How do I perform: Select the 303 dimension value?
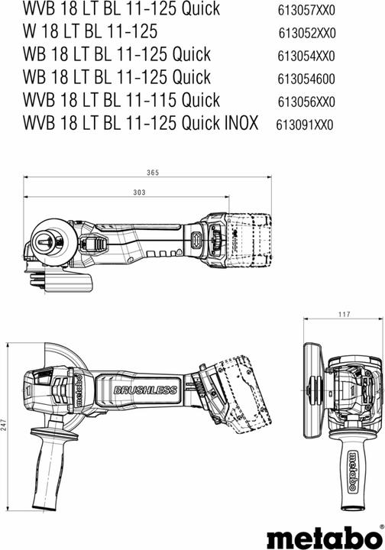(138, 192)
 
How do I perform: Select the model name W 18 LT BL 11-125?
(91, 32)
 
